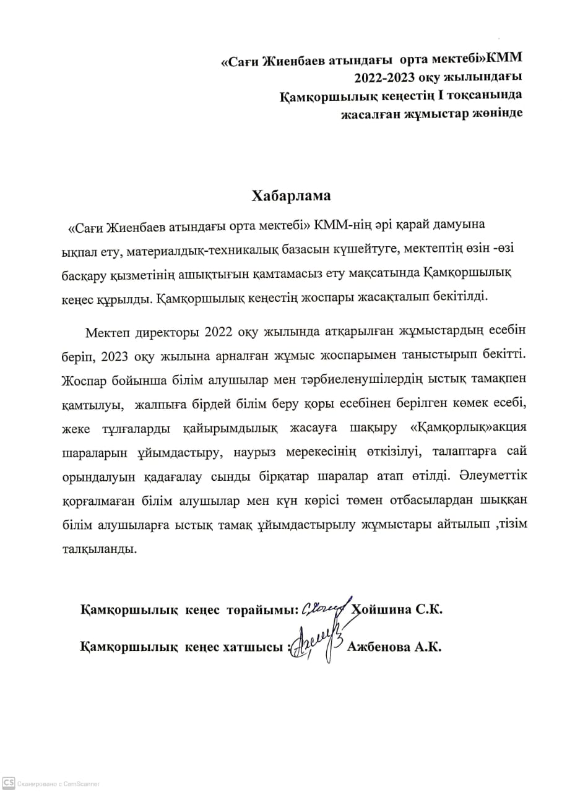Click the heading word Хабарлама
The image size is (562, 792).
[291, 196]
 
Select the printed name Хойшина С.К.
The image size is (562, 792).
[397, 609]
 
